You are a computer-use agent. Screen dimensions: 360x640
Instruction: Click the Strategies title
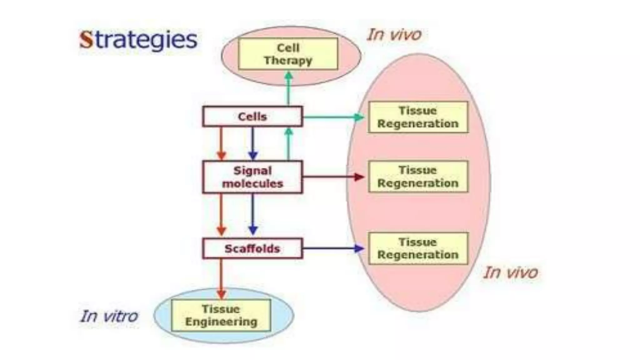click(138, 40)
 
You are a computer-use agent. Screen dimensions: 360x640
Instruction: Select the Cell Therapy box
click(288, 54)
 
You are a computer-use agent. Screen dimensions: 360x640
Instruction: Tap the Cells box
click(252, 117)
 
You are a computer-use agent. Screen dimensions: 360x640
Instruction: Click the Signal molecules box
click(252, 177)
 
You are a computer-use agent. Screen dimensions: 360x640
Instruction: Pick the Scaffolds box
click(252, 249)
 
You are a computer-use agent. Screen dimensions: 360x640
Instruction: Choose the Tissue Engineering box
click(221, 315)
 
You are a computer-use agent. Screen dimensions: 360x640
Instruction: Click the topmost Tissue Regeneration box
click(418, 117)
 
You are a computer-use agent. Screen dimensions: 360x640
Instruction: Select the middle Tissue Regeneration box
click(418, 177)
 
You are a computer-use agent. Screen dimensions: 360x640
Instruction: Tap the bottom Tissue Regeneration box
click(418, 248)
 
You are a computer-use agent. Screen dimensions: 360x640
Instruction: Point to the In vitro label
click(109, 316)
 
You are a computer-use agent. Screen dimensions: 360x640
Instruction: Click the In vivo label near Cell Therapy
click(394, 34)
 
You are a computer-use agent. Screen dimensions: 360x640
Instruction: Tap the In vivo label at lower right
click(511, 272)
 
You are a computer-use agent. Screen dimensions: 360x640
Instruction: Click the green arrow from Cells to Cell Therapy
click(288, 89)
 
